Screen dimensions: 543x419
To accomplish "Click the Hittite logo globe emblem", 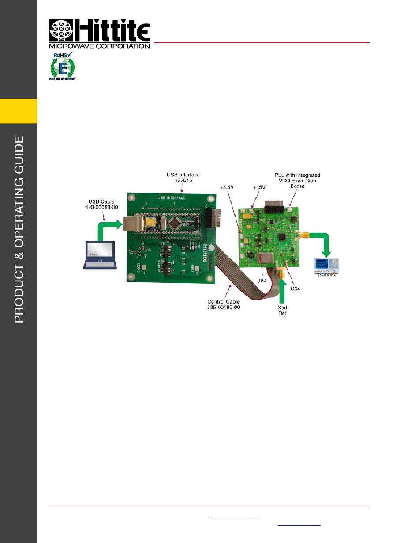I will click(61, 30).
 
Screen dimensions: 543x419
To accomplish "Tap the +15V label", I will click(259, 187).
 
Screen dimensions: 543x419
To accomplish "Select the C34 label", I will click(296, 288).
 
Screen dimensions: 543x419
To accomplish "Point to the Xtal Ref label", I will click(282, 310).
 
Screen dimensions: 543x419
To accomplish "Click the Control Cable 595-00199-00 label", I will click(224, 304).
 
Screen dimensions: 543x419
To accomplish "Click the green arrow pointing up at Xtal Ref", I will click(282, 292).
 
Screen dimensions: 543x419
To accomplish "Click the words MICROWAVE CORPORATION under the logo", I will click(99, 46).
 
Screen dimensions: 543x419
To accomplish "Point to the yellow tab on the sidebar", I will click(19, 111).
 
